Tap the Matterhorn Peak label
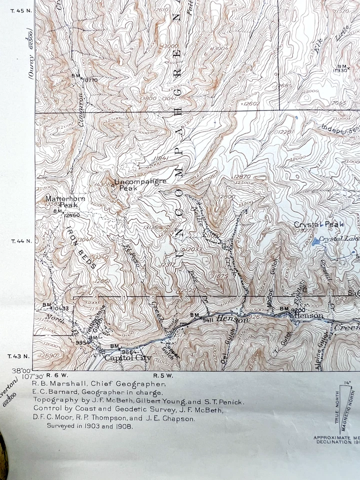(65, 201)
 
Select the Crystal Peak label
(318, 225)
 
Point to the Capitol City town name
(127, 358)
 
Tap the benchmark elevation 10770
(90, 80)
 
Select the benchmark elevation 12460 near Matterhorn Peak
(71, 215)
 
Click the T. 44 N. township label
(21, 241)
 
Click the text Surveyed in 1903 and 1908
(90, 426)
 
